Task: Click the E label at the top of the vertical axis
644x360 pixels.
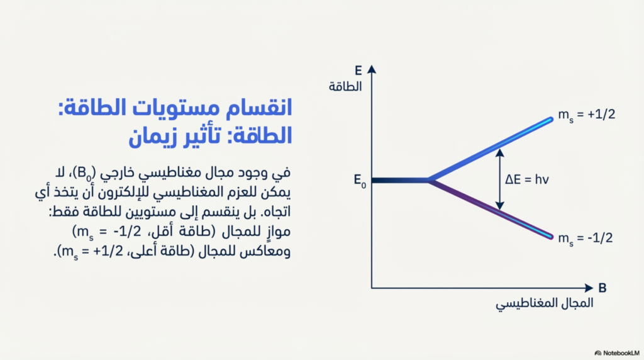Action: [x=358, y=70]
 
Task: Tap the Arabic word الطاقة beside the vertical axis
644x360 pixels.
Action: [x=345, y=87]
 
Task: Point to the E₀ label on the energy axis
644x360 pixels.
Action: [x=360, y=181]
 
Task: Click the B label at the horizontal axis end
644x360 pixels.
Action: [x=602, y=288]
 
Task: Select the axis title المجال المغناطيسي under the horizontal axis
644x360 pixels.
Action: [x=544, y=304]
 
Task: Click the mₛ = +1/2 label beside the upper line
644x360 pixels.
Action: [x=587, y=115]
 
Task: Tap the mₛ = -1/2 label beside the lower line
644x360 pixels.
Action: [x=586, y=239]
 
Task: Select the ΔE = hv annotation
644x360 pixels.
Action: [x=527, y=179]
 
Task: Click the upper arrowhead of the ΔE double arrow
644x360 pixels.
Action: [x=499, y=153]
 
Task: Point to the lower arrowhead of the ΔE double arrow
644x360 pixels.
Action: [x=499, y=205]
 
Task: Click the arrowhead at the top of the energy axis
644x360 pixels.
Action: [x=372, y=69]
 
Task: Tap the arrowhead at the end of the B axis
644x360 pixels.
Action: [x=589, y=288]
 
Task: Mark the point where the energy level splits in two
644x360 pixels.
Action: [x=429, y=180]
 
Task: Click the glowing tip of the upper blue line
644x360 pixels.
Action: [x=550, y=120]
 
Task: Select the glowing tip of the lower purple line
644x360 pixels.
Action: [x=550, y=237]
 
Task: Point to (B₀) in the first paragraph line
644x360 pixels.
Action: [x=86, y=173]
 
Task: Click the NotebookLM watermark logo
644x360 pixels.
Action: [x=598, y=353]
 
